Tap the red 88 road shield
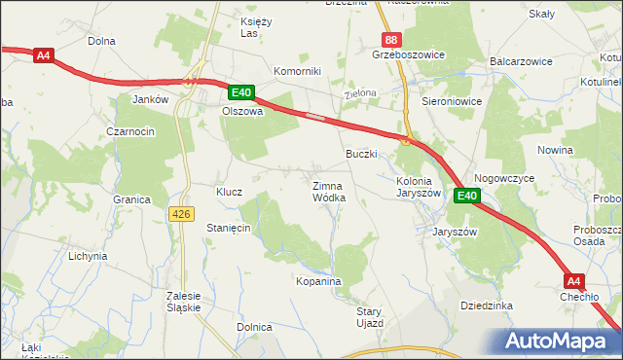390,40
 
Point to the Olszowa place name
242,111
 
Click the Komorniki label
297,71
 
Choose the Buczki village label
362,154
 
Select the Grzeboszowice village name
408,55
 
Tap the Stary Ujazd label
369,316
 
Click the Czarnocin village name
131,131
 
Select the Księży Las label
254,27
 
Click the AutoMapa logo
554,341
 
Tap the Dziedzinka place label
486,306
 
